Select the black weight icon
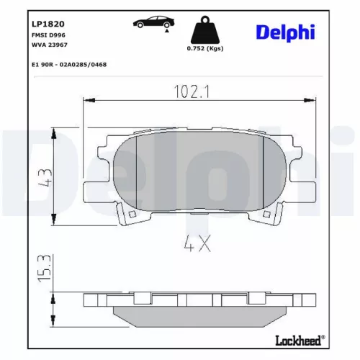click(204, 30)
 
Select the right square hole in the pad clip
click(269, 214)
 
